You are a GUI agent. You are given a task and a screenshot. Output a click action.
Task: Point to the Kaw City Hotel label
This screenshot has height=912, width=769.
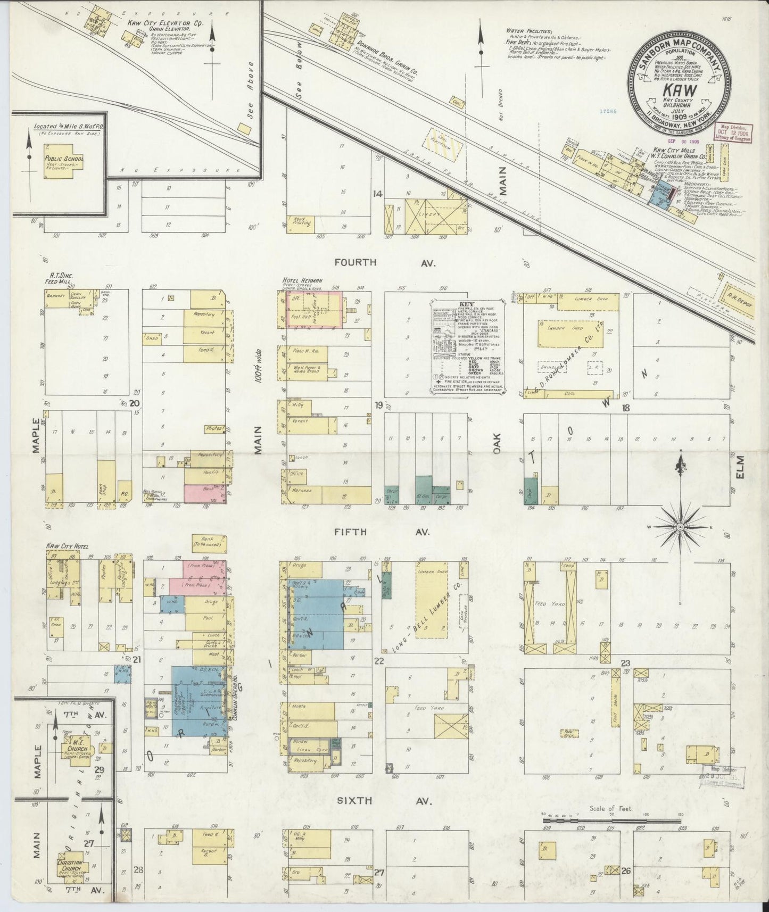pyautogui.click(x=67, y=546)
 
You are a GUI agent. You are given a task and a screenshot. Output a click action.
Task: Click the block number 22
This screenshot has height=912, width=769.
pyautogui.click(x=379, y=662)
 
